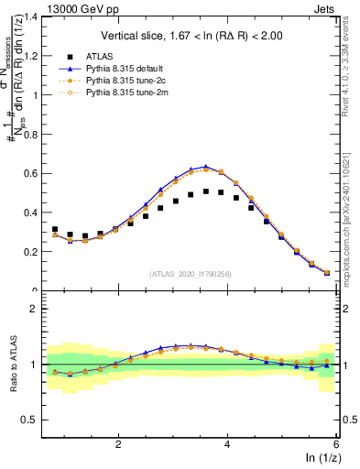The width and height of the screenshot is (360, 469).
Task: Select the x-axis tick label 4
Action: click(228, 444)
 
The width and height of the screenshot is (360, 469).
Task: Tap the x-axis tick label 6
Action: click(336, 444)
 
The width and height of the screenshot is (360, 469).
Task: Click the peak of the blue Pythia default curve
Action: click(206, 167)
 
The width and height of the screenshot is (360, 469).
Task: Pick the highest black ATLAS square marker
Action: click(206, 191)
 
